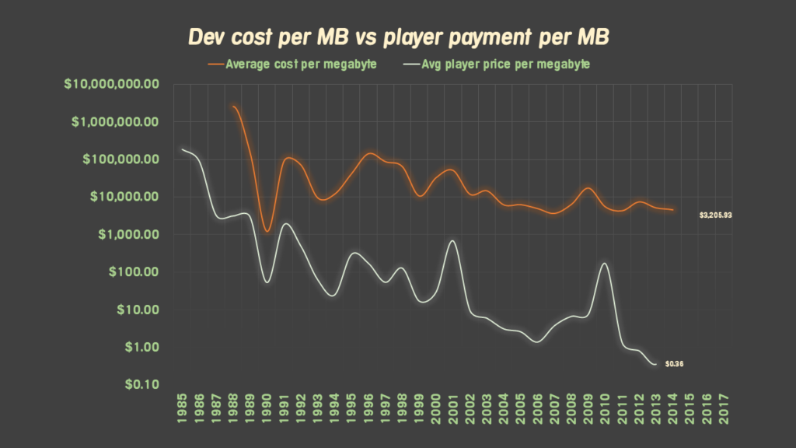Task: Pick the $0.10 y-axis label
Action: point(138,384)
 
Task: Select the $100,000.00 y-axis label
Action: point(113,159)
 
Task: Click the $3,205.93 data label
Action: point(715,215)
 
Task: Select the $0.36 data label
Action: point(674,365)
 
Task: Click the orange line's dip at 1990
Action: point(267,231)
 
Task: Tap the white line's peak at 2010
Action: point(605,264)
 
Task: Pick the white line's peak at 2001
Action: point(452,241)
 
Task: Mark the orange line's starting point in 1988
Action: point(233,107)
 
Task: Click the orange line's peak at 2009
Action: point(588,188)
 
